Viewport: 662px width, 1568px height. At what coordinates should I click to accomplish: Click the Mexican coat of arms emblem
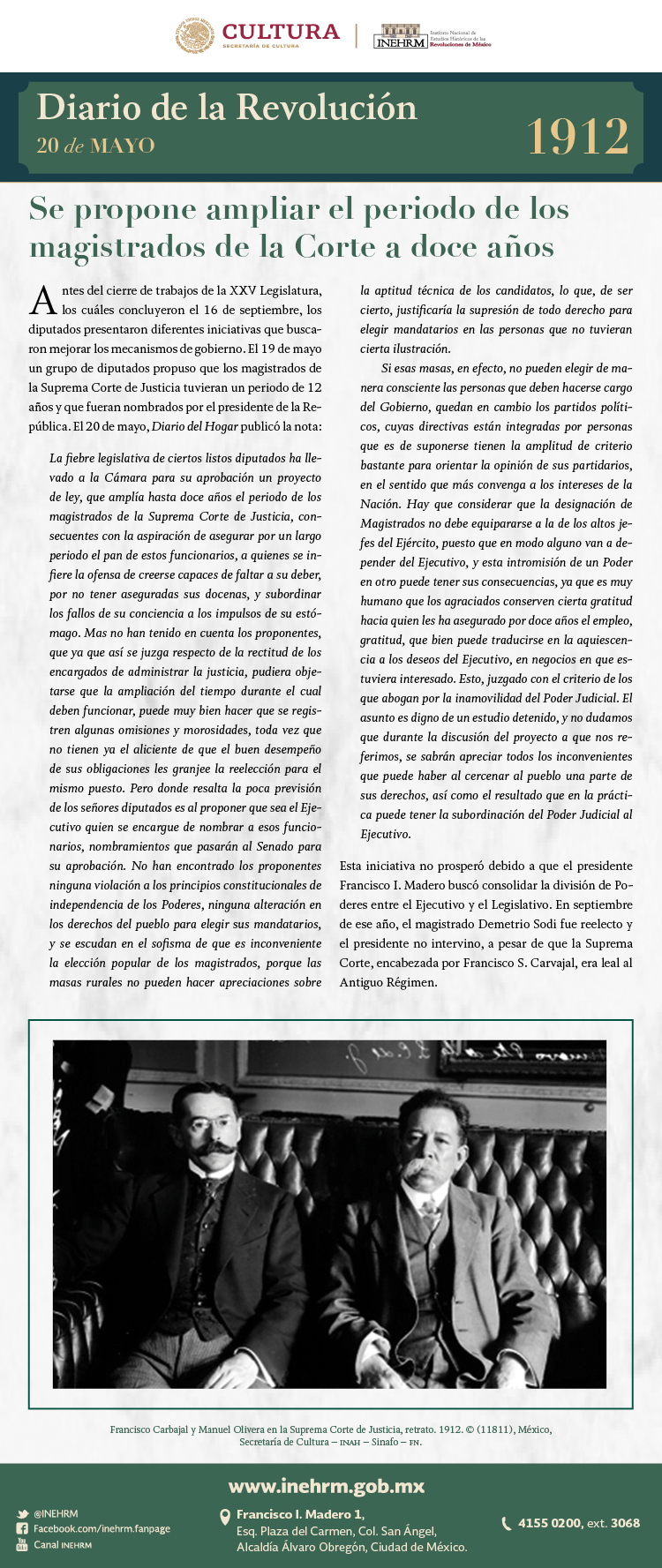point(195,35)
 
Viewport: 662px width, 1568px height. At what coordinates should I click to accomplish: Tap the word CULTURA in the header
point(281,32)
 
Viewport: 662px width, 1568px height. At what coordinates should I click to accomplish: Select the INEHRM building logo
point(400,36)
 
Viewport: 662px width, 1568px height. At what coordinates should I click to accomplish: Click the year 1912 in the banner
point(578,136)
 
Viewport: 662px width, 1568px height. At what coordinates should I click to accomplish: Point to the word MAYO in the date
point(122,146)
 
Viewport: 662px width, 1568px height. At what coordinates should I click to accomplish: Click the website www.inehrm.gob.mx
point(327,1487)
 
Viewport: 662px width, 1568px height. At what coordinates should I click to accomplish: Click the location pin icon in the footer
point(225,1517)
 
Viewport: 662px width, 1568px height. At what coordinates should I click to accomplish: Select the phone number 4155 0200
point(549,1523)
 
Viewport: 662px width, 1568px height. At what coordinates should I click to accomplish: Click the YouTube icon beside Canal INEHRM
point(22,1544)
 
